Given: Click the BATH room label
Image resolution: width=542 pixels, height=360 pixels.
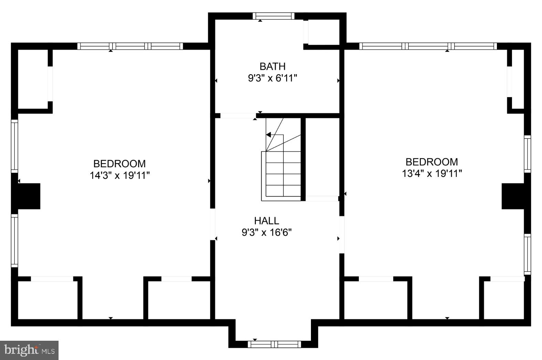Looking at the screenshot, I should coord(272,66).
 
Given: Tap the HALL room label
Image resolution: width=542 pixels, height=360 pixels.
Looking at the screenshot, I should coord(267,221).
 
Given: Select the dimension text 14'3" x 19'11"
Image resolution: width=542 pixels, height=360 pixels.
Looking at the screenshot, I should coord(120,176).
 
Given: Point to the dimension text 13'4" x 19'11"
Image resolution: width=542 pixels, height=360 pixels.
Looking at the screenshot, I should coord(432,173).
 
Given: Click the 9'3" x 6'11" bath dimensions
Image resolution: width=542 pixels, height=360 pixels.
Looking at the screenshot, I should coord(272,78).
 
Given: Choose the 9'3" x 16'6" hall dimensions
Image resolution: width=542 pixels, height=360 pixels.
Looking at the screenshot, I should coord(267,233).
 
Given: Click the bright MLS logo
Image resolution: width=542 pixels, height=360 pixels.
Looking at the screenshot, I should coord(29,350).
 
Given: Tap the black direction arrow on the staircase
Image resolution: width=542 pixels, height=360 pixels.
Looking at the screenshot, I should coord(269,135).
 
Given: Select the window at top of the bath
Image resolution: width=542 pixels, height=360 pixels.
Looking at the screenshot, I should coord(274,16).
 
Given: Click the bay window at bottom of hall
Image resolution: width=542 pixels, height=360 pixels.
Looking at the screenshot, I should coord(274,344).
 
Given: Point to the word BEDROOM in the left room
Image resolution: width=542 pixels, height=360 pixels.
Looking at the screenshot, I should coord(119,163).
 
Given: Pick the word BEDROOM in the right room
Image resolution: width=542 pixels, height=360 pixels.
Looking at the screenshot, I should coord(432,162).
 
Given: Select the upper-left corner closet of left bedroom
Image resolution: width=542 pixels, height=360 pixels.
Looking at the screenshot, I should coord(33,79).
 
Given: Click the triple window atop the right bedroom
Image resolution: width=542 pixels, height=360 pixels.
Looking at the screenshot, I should coord(428,46).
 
